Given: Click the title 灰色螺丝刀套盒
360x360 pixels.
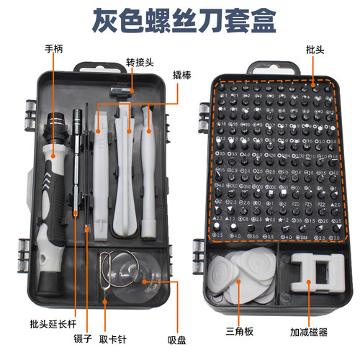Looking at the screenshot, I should pyautogui.click(x=179, y=20).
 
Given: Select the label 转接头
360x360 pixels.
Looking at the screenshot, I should pyautogui.click(x=140, y=62).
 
